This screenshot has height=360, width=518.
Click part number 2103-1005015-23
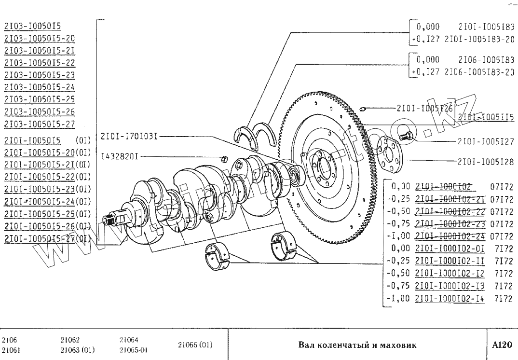click(x=39, y=75)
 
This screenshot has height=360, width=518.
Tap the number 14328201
click(x=121, y=157)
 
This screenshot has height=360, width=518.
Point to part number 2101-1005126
click(x=424, y=109)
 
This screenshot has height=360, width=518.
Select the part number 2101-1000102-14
click(x=450, y=298)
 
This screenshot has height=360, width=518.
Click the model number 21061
click(x=11, y=350)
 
